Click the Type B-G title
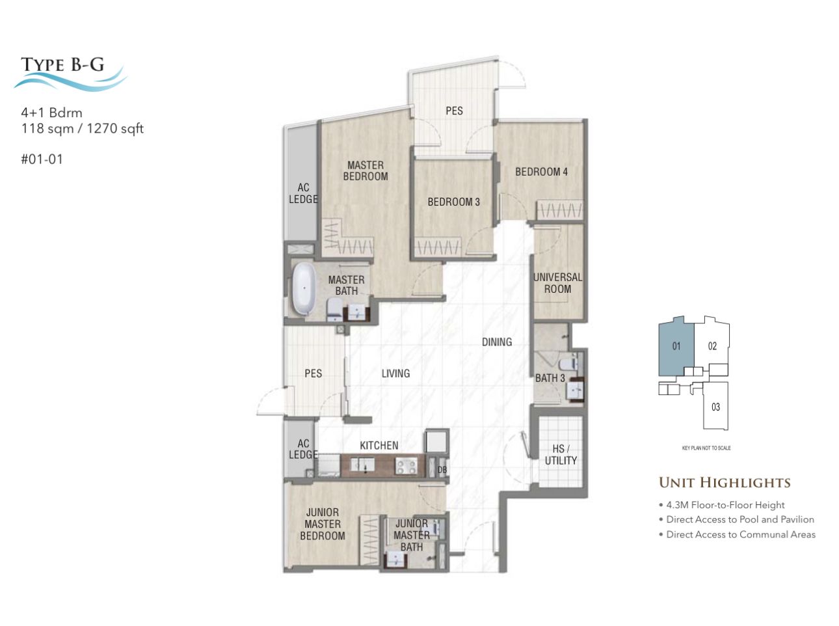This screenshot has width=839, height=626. [x=62, y=64]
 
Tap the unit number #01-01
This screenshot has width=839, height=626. [x=42, y=159]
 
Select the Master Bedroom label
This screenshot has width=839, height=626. [x=365, y=170]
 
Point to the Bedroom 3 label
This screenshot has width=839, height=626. [x=453, y=202]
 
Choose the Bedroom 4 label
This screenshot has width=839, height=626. [x=541, y=172]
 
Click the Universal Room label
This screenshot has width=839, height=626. [x=557, y=283]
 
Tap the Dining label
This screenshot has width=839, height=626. [x=496, y=342]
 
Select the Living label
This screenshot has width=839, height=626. [x=395, y=374]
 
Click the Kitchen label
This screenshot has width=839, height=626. [x=379, y=445]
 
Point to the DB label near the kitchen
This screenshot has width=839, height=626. [x=442, y=469]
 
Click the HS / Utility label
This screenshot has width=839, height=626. [x=561, y=454]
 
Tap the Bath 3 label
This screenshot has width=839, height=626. [x=550, y=378]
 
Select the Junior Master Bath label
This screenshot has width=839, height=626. [x=411, y=535]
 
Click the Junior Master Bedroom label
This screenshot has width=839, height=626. [x=322, y=524]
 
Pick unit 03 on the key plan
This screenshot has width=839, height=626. [x=715, y=407]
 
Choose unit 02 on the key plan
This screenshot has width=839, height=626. [x=712, y=346]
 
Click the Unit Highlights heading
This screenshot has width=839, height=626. [x=725, y=483]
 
